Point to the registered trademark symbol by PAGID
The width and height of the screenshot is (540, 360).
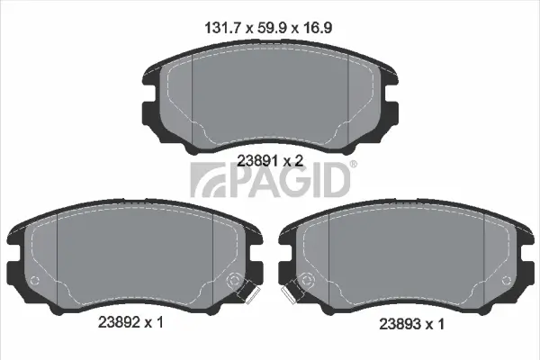pyautogui.click(x=352, y=164)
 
